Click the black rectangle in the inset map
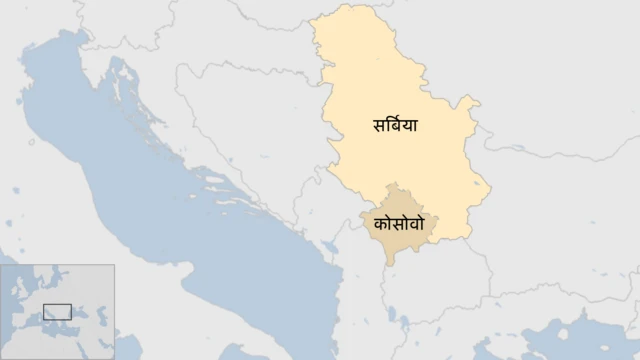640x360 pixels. [x=57, y=311]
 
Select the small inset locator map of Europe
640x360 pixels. [x=57, y=311]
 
